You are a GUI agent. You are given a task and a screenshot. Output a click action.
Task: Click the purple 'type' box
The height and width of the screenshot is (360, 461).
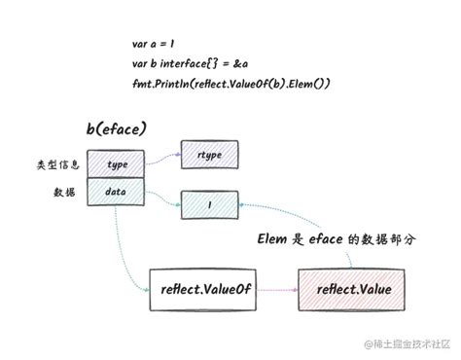pyautogui.click(x=118, y=164)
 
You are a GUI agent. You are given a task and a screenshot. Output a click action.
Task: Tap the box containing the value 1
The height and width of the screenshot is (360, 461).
pyautogui.click(x=210, y=203)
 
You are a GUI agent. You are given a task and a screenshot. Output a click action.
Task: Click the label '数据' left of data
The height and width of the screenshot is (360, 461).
pyautogui.click(x=64, y=193)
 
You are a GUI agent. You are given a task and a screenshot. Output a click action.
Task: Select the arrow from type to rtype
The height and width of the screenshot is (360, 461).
pyautogui.click(x=163, y=158)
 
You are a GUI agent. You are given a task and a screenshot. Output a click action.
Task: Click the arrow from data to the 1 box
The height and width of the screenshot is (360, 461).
pyautogui.click(x=163, y=198)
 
